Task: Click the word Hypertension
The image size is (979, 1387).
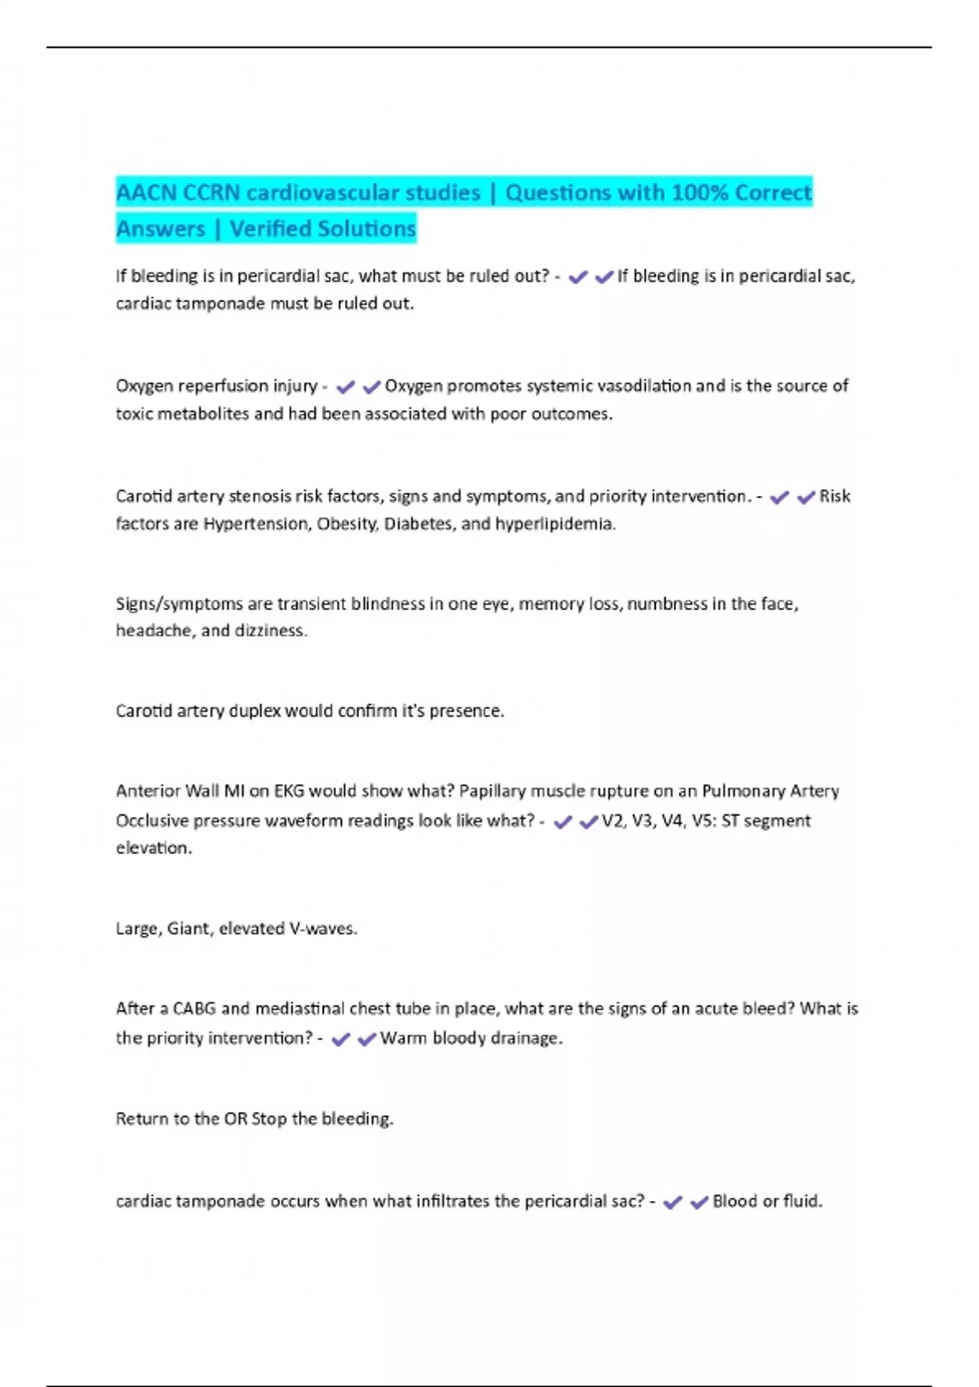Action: (x=255, y=524)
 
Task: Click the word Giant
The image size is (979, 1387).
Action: (x=188, y=928)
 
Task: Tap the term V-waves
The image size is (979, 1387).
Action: (x=323, y=928)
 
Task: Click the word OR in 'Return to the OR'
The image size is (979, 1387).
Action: (x=235, y=1119)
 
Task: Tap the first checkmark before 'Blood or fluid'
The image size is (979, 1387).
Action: (x=672, y=1202)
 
